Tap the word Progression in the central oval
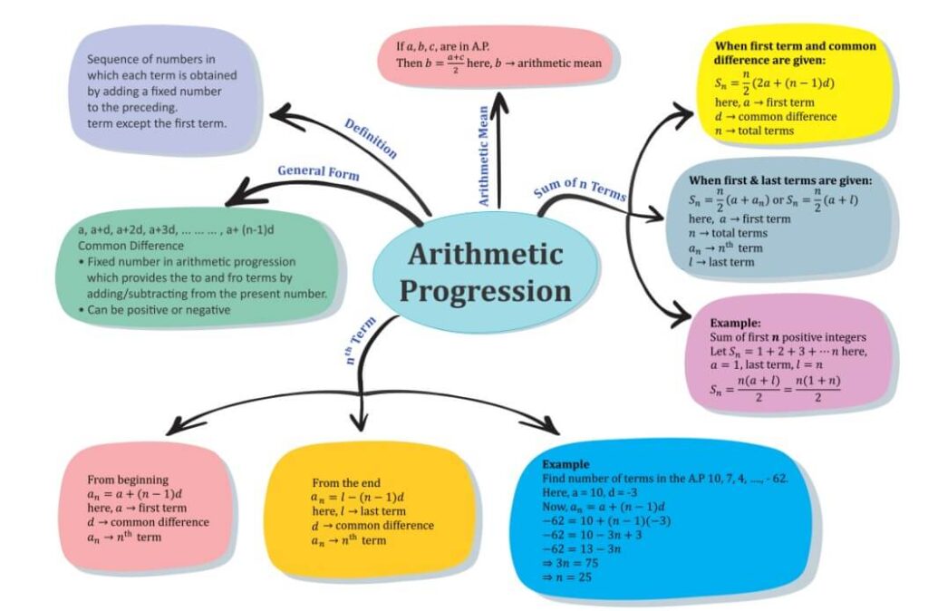(485, 292)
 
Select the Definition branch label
(371, 138)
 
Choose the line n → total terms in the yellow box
(754, 131)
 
